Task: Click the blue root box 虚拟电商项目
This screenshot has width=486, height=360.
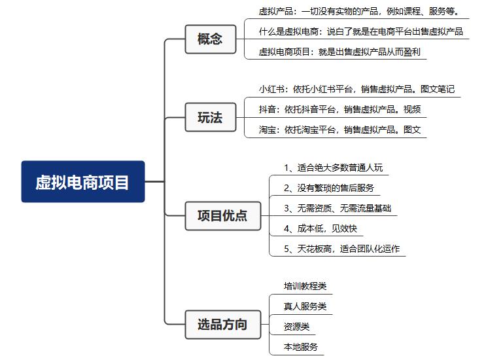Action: tap(83, 181)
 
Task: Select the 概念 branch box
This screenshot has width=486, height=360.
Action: tap(211, 39)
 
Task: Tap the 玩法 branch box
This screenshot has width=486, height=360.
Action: tap(211, 117)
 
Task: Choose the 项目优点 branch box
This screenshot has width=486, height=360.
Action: tap(223, 216)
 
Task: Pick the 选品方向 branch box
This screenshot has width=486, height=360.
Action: tap(223, 325)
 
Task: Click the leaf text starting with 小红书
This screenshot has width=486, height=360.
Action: tap(356, 89)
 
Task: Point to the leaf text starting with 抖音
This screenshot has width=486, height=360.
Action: tap(339, 109)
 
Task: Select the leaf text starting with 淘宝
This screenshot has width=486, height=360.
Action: tap(339, 130)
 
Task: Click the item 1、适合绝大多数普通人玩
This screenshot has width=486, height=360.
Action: tap(333, 168)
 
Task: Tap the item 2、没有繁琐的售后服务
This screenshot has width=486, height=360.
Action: tap(329, 188)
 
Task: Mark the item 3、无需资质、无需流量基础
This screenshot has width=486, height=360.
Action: tap(338, 208)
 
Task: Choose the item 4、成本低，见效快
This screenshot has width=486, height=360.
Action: tap(321, 228)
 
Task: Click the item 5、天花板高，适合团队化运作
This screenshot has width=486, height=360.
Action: tap(342, 249)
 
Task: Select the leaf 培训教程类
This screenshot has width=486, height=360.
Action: tap(305, 286)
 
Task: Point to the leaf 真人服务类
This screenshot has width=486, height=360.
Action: tap(305, 306)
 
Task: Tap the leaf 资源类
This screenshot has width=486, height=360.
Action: tap(296, 327)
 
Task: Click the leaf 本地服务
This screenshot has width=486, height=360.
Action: tap(301, 347)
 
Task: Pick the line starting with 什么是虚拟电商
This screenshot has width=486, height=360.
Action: tap(361, 31)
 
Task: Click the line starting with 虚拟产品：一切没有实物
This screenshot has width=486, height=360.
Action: tap(359, 12)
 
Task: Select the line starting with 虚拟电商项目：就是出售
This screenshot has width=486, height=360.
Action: tap(339, 52)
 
